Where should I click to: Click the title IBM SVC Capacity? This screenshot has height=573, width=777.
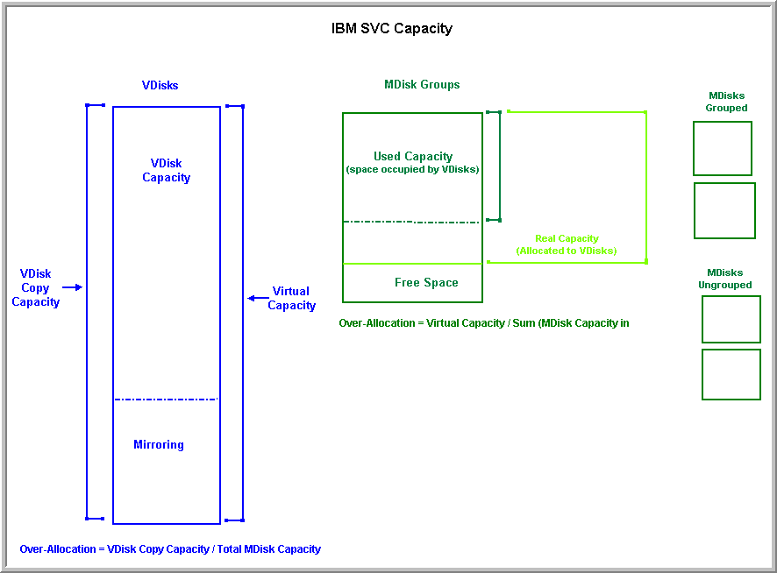click(x=391, y=28)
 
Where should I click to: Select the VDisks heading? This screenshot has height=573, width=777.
click(x=160, y=85)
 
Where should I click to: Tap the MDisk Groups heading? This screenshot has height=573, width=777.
click(x=422, y=84)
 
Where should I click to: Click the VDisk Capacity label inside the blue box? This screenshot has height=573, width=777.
click(x=167, y=170)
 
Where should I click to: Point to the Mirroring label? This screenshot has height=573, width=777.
click(x=159, y=444)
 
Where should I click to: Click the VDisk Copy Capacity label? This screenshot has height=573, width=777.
click(x=36, y=287)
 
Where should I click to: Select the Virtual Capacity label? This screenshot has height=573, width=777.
click(x=291, y=298)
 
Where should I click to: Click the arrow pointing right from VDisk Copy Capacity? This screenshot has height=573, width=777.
click(x=73, y=286)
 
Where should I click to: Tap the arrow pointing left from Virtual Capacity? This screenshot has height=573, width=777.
click(x=258, y=298)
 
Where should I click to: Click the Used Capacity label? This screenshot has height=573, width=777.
click(x=413, y=157)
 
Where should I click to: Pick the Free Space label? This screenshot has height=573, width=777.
click(x=426, y=282)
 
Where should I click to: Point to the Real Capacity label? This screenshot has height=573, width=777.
click(x=567, y=244)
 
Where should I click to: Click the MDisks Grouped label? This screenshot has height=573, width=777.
click(x=727, y=102)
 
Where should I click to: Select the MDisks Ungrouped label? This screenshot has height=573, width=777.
click(x=725, y=279)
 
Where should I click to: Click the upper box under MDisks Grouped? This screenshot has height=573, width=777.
click(x=723, y=148)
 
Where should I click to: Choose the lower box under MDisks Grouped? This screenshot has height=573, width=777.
click(x=724, y=210)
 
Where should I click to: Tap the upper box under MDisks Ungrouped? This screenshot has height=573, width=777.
click(x=731, y=319)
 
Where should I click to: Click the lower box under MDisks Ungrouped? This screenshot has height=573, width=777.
click(x=731, y=374)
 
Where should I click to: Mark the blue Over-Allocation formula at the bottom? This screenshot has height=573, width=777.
click(x=170, y=549)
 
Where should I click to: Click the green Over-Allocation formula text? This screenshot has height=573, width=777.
click(x=484, y=323)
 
